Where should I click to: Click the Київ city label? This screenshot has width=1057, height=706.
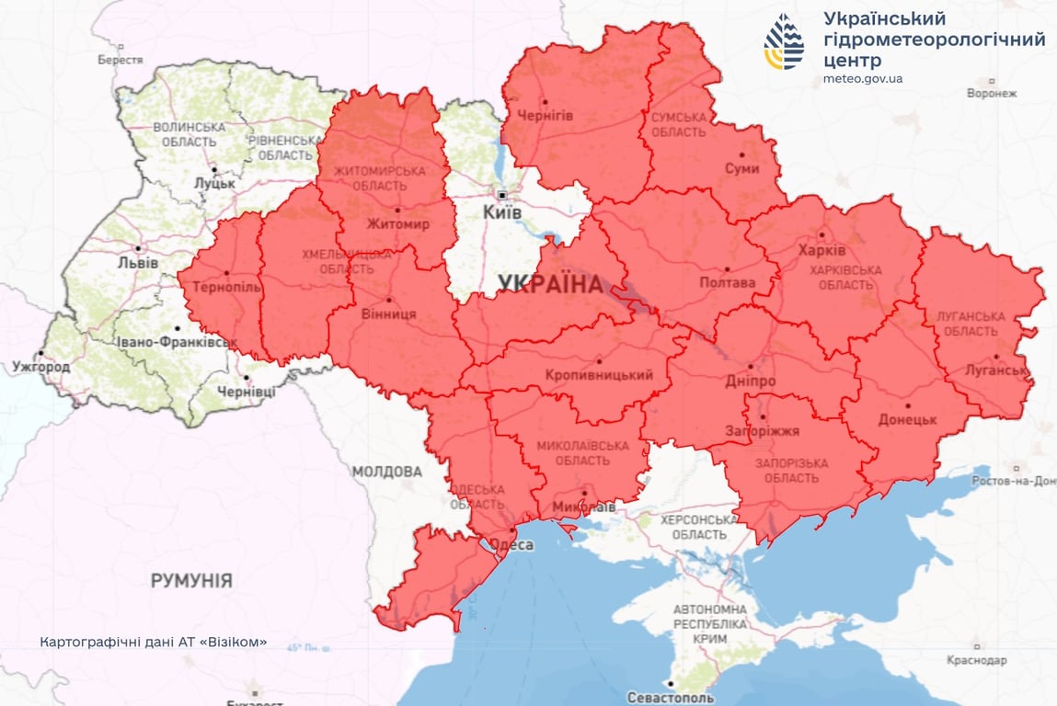502,212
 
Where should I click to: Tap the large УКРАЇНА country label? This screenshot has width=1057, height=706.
550,283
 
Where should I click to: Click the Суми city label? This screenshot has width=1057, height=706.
741,169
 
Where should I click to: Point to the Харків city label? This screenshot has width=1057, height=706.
821,251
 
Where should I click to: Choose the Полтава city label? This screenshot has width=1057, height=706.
727,283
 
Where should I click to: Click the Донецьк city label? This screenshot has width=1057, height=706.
907,419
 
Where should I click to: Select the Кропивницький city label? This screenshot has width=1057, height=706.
599,375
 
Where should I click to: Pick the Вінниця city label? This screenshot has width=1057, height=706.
387,313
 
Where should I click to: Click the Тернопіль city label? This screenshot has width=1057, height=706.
226,287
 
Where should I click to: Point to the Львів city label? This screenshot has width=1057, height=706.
138,263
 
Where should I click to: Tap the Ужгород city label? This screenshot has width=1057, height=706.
40,367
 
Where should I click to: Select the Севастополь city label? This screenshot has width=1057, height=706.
670,697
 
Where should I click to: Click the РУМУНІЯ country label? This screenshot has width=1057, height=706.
191,581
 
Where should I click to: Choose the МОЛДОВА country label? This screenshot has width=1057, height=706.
386,472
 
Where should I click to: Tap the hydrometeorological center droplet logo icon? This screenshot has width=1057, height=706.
784,41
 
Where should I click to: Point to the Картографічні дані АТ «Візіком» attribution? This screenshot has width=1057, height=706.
154,642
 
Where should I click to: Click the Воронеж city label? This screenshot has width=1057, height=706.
992,93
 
